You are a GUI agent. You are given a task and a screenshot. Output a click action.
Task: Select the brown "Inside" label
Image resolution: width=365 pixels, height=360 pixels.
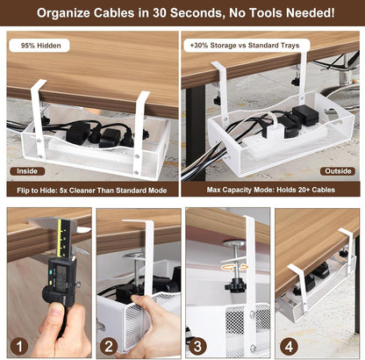point(26,170)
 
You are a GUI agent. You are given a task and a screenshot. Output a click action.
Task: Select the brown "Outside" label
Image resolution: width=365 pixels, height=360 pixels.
point(336,170)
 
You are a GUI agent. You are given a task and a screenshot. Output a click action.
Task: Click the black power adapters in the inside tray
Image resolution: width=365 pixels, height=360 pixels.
point(97,133)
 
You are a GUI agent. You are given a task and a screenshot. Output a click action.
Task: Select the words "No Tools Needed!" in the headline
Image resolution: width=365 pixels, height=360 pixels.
point(276,13)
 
